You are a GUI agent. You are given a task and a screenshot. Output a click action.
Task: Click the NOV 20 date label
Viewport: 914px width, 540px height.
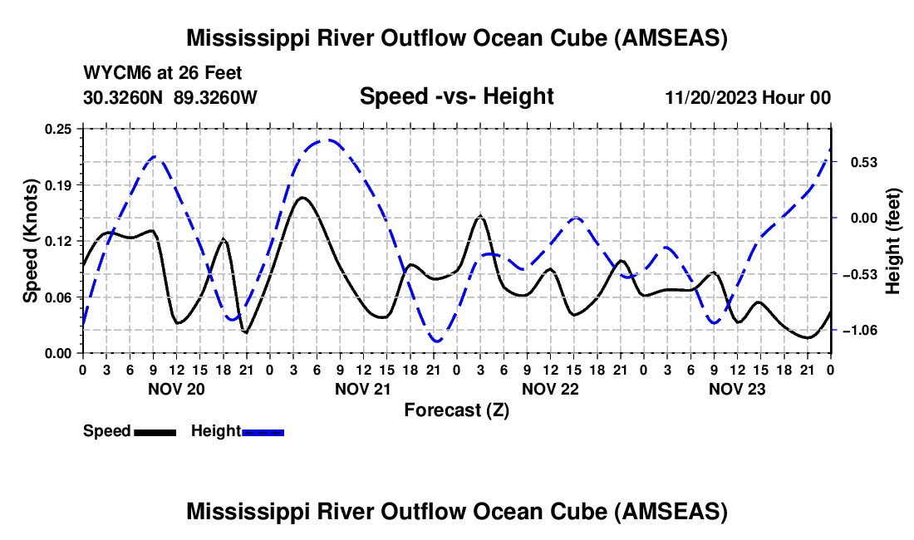(175, 388)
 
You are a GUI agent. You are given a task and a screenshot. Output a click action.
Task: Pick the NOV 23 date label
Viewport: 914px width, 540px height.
(737, 388)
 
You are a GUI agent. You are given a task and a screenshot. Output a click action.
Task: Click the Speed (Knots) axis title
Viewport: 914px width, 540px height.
(31, 241)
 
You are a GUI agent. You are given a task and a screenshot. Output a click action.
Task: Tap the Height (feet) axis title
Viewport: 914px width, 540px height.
(893, 241)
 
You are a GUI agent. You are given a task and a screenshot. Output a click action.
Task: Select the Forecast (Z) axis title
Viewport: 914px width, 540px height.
(456, 410)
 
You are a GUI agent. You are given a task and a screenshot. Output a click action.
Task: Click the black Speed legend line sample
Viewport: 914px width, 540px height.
(155, 432)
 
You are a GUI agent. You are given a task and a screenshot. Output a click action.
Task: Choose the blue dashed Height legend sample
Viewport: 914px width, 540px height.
(263, 432)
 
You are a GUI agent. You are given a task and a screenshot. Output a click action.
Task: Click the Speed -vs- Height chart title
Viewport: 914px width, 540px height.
(456, 97)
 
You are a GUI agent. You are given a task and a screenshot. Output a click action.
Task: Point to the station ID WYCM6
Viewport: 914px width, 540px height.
(114, 73)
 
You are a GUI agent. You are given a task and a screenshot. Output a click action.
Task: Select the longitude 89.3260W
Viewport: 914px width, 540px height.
(216, 98)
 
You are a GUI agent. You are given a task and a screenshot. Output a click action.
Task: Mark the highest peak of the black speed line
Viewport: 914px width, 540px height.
(302, 198)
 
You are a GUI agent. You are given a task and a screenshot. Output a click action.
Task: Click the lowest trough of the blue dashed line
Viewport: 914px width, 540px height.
(436, 341)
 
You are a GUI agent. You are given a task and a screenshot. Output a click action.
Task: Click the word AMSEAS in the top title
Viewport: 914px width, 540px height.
(670, 38)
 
